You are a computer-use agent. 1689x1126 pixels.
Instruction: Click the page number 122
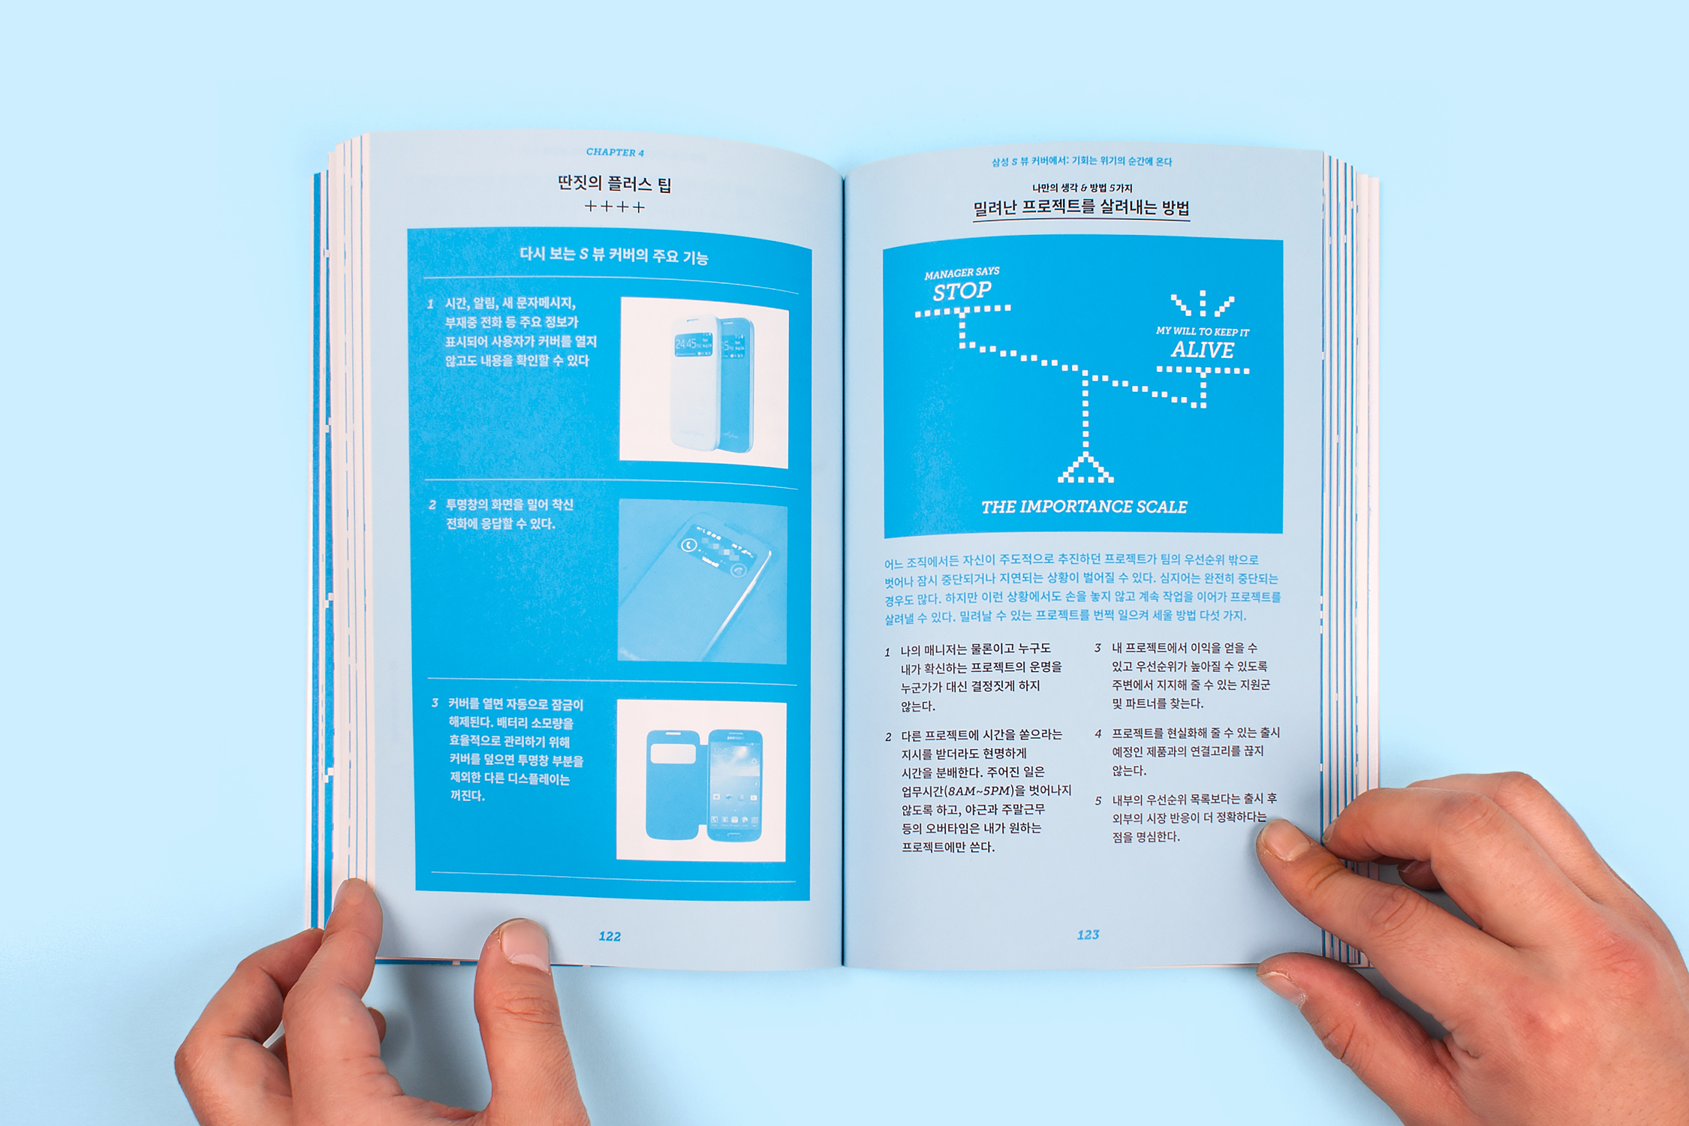coord(610,936)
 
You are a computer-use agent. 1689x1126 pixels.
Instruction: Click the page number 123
coord(1088,935)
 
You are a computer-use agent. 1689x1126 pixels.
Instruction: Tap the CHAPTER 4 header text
coord(615,152)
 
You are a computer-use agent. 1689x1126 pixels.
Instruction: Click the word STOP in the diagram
coord(962,291)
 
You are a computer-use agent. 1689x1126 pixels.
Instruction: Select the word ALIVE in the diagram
coord(1203,350)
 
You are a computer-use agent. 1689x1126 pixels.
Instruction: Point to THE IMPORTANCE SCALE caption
coord(1084,507)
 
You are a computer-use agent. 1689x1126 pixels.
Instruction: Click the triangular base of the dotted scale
coord(1085,468)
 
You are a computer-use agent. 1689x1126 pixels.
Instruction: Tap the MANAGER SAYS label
coord(962,272)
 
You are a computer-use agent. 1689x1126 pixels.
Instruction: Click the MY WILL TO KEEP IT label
coord(1203,331)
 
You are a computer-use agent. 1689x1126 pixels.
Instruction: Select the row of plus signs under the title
coord(615,206)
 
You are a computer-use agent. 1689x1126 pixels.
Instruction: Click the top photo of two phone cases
coord(704,382)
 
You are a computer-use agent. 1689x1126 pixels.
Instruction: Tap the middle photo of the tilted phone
coord(703,581)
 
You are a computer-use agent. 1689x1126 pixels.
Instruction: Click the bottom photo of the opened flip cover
coord(701,781)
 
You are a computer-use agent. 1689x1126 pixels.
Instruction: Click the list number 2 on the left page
coord(432,504)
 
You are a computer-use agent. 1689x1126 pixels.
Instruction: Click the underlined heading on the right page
coord(1081,208)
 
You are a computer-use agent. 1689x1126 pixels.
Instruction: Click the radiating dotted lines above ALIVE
coord(1203,303)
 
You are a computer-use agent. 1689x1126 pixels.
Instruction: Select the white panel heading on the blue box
coord(613,255)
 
